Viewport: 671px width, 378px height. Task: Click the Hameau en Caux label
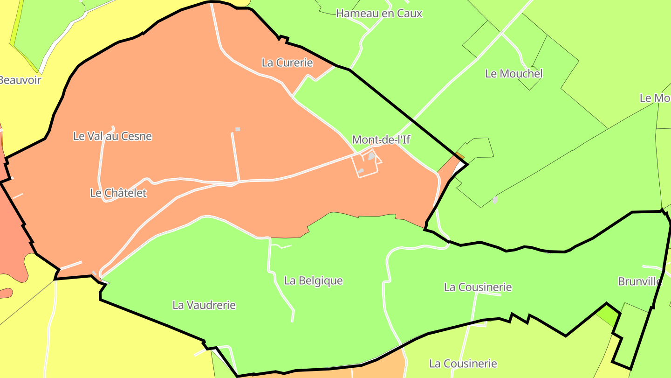[x=379, y=14]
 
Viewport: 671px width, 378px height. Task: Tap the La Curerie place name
[x=287, y=63]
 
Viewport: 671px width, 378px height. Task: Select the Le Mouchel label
[x=514, y=74]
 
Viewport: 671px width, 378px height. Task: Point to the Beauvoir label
[x=20, y=80]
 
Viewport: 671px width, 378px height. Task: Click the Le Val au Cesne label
[x=112, y=136]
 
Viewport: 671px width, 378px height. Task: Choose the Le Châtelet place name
[x=118, y=193]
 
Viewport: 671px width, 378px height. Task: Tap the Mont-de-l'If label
[x=381, y=140]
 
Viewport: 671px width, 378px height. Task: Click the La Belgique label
[x=313, y=280]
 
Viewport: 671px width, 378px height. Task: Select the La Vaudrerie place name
[x=204, y=305]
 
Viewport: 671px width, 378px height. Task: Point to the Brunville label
[x=639, y=281]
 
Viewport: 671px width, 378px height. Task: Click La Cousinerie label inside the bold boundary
[x=478, y=287]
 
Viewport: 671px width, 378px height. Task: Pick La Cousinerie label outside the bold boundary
[x=463, y=364]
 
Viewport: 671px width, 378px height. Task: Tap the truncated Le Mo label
[x=655, y=98]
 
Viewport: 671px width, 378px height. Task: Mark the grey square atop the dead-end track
[x=238, y=129]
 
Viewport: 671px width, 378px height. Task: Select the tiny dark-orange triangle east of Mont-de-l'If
[x=460, y=156]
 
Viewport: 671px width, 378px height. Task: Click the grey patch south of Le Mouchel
[x=495, y=200]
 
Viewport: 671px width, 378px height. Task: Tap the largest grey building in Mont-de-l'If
[x=371, y=156]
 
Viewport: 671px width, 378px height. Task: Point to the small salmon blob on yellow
[x=6, y=293]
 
